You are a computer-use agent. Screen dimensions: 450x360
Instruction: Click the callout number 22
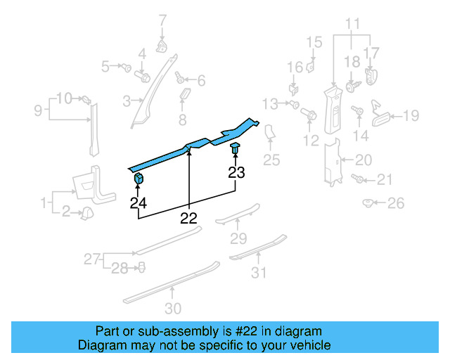[x=188, y=218]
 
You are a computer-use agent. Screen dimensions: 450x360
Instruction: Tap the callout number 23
[x=236, y=172]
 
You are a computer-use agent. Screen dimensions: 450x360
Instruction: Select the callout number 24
[x=138, y=204]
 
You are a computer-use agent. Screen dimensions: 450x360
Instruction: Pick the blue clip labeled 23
[x=235, y=148]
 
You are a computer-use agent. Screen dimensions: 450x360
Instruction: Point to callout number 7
[x=162, y=20]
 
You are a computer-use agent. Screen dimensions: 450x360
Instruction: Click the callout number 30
[x=173, y=308]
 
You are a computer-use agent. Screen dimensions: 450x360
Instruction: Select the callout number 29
[x=239, y=238]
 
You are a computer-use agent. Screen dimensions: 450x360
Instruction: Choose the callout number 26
[x=396, y=204]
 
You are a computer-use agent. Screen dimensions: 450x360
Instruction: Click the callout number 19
[x=411, y=115]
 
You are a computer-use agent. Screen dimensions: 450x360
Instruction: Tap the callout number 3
[x=127, y=102]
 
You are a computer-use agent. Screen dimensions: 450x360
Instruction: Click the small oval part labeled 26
[x=367, y=203]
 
